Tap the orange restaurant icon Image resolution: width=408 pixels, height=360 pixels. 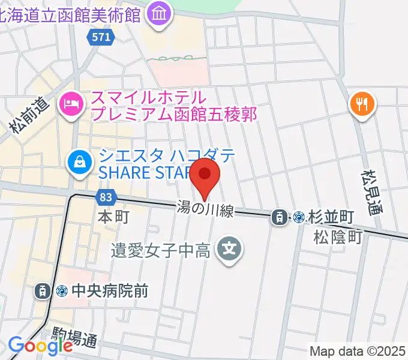coord(362,106)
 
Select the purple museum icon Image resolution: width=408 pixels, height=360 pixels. coord(160,14)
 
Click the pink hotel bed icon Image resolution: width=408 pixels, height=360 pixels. coord(71,105)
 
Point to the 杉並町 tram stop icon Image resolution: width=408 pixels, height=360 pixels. coord(280,217)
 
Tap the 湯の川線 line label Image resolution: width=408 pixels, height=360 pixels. coord(205,209)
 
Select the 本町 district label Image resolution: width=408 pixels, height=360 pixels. coord(113,216)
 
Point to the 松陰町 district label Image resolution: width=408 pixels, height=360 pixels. coord(338,237)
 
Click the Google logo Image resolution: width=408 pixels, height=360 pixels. coord(40,346)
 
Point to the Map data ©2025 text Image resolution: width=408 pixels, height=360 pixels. coord(356,351)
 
